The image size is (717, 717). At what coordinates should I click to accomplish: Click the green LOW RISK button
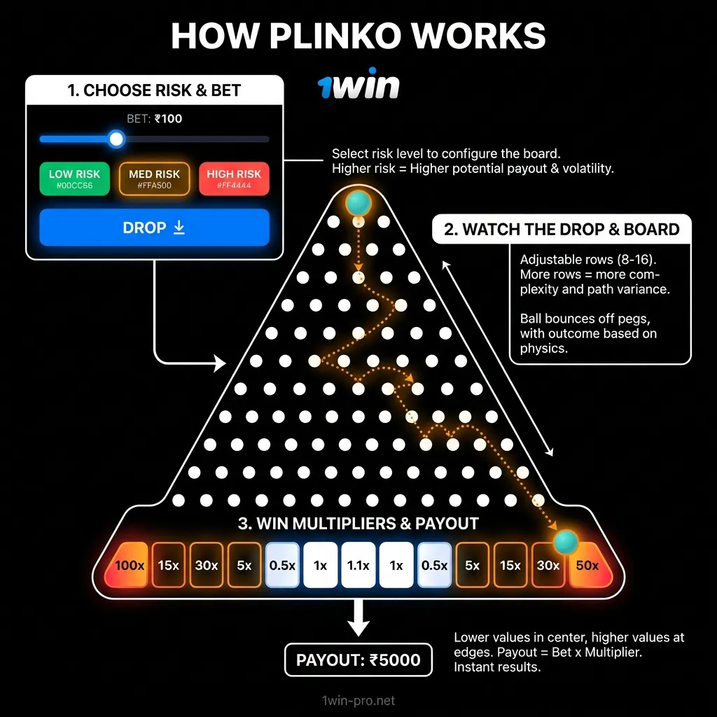74,179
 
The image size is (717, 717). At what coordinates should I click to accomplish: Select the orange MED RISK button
154,179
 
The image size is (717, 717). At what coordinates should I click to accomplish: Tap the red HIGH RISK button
234,179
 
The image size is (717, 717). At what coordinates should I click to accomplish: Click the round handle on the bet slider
116,139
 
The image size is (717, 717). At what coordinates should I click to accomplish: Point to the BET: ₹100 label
154,119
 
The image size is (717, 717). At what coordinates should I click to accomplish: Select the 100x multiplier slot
130,565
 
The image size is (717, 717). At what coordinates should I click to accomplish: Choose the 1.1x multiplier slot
358,565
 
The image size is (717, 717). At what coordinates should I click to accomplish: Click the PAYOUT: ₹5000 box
358,660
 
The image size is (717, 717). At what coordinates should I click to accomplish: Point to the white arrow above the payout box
358,618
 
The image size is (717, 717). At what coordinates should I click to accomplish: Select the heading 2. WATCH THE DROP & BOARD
562,230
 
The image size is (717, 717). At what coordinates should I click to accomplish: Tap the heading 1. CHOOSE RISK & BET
154,90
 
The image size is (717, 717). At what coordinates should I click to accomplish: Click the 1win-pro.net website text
358,700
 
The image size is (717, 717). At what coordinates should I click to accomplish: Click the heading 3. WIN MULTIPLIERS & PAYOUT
358,523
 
